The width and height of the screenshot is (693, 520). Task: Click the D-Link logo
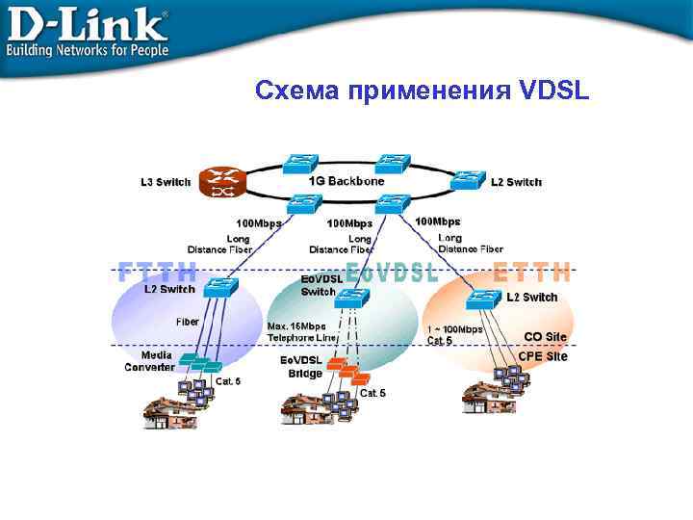[x=87, y=21]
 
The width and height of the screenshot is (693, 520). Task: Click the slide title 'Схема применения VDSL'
[x=423, y=91]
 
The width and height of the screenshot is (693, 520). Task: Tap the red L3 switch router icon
[x=222, y=182]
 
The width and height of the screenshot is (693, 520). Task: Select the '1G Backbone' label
[x=346, y=181]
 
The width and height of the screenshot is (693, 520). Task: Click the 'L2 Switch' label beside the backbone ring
[x=516, y=182]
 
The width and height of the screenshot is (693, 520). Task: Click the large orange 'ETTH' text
[x=532, y=273]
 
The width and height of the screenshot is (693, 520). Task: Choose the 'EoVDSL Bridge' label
[x=302, y=366]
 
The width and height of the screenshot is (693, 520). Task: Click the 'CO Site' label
[x=546, y=337]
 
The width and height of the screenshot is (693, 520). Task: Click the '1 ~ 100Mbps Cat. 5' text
[x=454, y=334]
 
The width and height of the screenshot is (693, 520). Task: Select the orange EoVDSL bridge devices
[x=343, y=370]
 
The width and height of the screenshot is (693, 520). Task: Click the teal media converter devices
[x=202, y=364]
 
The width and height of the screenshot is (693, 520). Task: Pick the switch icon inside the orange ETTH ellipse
[x=482, y=299]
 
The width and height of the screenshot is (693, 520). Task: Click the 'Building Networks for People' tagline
[x=88, y=49]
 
